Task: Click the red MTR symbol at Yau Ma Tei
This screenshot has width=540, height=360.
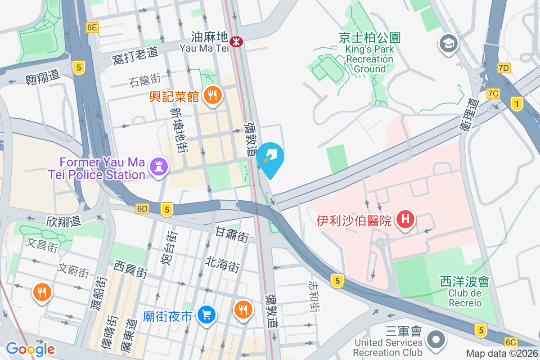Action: tap(236, 42)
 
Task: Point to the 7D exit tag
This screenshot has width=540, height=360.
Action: tap(504, 68)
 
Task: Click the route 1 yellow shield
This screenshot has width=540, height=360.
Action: tap(517, 104)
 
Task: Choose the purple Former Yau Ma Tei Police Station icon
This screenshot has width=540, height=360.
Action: tap(158, 166)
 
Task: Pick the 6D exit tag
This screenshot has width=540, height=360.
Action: tap(142, 209)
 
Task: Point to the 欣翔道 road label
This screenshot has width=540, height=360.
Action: tap(63, 221)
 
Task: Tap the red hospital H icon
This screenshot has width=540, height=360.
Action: tap(405, 220)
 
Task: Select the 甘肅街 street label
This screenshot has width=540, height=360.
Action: tap(232, 234)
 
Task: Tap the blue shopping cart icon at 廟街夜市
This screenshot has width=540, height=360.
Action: tap(207, 315)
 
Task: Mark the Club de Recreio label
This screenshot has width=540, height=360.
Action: tap(465, 298)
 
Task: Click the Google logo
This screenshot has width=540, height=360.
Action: tap(30, 349)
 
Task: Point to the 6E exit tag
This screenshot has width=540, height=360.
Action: tap(92, 27)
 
